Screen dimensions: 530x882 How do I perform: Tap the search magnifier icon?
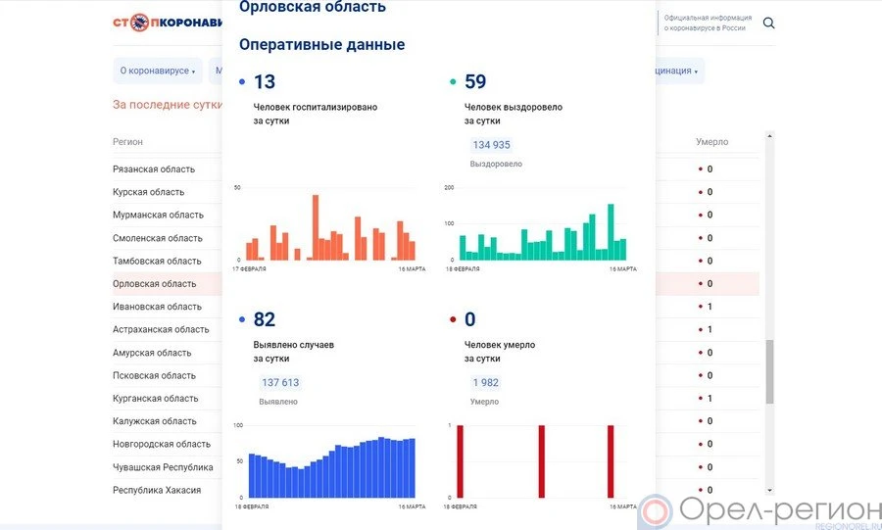tap(769, 23)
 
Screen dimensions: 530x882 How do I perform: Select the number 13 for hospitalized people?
tap(265, 82)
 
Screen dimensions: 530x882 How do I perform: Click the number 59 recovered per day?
tap(475, 82)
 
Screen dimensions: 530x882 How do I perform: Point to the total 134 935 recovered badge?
tap(491, 145)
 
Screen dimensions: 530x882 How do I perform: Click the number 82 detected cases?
tap(265, 319)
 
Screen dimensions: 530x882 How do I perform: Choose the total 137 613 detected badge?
tap(280, 383)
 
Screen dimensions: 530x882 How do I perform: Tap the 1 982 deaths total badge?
tap(486, 383)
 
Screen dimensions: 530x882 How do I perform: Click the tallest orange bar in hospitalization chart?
tap(316, 227)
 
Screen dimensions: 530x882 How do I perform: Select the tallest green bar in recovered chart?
tap(611, 231)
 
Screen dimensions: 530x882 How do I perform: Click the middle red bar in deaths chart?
tap(540, 460)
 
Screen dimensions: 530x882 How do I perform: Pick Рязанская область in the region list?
tap(154, 169)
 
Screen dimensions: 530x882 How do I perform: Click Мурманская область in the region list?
tap(158, 215)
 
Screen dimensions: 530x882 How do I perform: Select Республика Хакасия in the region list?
tap(157, 490)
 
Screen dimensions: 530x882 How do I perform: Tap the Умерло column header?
tap(712, 142)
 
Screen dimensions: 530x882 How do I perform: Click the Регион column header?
tap(127, 142)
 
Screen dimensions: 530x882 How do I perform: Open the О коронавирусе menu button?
tap(157, 71)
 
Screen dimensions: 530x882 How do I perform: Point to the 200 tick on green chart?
tap(449, 187)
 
